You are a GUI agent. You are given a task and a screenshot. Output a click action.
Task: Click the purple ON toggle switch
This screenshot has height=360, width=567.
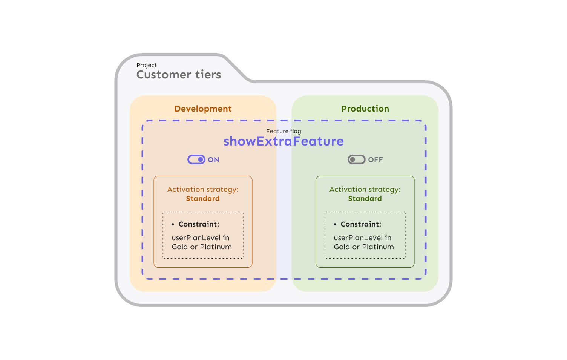(x=196, y=159)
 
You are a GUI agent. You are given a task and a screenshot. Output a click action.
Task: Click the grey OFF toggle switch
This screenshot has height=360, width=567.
(x=356, y=159)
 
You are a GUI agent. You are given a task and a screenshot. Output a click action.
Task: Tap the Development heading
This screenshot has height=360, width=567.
(x=203, y=109)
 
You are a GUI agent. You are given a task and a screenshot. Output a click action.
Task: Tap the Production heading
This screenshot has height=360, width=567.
(x=365, y=109)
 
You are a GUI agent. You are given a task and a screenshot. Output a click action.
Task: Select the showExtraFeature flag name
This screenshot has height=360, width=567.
(x=283, y=141)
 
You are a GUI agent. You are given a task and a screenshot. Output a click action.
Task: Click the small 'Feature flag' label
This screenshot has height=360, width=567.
(x=283, y=131)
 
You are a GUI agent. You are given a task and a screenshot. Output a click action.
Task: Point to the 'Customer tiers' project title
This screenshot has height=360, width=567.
(x=179, y=75)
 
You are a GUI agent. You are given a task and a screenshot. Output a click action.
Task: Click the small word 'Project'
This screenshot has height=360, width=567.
(x=147, y=65)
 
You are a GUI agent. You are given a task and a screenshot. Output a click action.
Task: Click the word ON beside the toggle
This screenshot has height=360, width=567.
(x=213, y=160)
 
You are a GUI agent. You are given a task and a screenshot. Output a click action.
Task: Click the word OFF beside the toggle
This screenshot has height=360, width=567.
(x=375, y=160)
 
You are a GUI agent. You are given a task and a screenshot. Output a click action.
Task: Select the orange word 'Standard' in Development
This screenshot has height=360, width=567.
(x=203, y=199)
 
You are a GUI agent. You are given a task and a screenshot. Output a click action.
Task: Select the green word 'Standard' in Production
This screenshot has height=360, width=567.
(x=365, y=199)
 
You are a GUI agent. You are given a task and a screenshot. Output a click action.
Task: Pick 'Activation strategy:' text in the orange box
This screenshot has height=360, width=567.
(x=203, y=190)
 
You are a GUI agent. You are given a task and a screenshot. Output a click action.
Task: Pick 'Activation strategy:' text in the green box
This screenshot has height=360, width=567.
(x=365, y=190)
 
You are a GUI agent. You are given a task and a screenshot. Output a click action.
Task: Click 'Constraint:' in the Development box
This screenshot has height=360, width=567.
(x=199, y=224)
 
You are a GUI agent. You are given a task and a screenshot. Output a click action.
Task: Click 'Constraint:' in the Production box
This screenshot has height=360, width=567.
(x=361, y=224)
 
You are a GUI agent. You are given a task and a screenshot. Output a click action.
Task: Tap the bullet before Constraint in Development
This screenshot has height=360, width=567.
(x=173, y=225)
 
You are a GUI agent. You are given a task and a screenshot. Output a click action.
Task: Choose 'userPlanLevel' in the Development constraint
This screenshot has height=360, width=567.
(x=196, y=238)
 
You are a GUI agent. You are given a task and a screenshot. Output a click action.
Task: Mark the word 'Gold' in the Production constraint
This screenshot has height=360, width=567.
(x=342, y=247)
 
